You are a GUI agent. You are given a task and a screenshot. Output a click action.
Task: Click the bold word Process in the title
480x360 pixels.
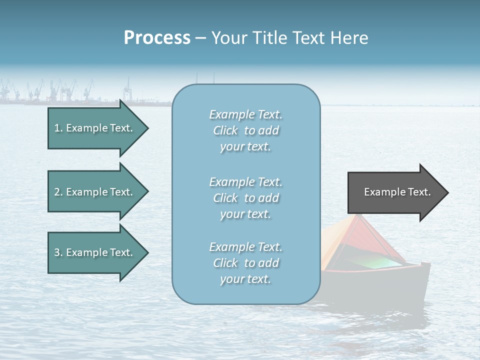157,37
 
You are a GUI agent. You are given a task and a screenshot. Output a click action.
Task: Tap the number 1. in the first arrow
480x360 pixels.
58,128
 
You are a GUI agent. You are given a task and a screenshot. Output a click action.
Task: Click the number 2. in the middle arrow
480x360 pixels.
58,192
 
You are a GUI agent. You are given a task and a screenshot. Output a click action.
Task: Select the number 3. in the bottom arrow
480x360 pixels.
58,252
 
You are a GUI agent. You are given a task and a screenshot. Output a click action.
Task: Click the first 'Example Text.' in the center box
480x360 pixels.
245,114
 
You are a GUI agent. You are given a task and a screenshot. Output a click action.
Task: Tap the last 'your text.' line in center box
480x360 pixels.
245,279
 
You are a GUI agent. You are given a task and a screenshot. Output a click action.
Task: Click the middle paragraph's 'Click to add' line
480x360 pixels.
245,198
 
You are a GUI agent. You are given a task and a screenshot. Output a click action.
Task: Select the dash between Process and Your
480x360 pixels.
200,38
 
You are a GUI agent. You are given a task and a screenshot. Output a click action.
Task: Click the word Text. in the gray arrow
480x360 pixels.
419,192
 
